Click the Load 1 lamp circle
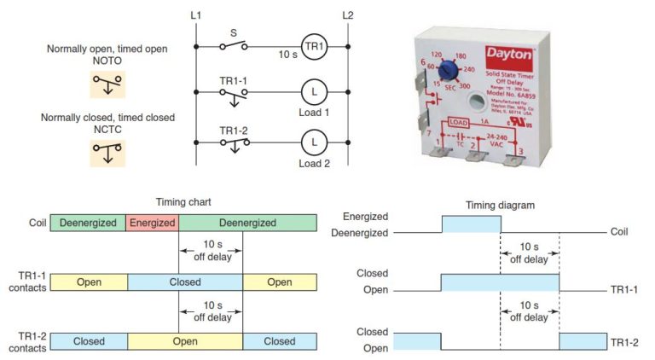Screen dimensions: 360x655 (x=314, y=93)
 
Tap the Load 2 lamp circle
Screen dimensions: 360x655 (x=314, y=141)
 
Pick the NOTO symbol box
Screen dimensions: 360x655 (x=107, y=84)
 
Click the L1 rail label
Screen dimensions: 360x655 (x=195, y=15)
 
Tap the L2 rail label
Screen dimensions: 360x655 (x=347, y=15)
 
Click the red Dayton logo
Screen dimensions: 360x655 (x=510, y=54)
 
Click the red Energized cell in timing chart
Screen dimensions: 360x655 (x=152, y=223)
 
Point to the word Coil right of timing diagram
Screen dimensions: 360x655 (x=622, y=231)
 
